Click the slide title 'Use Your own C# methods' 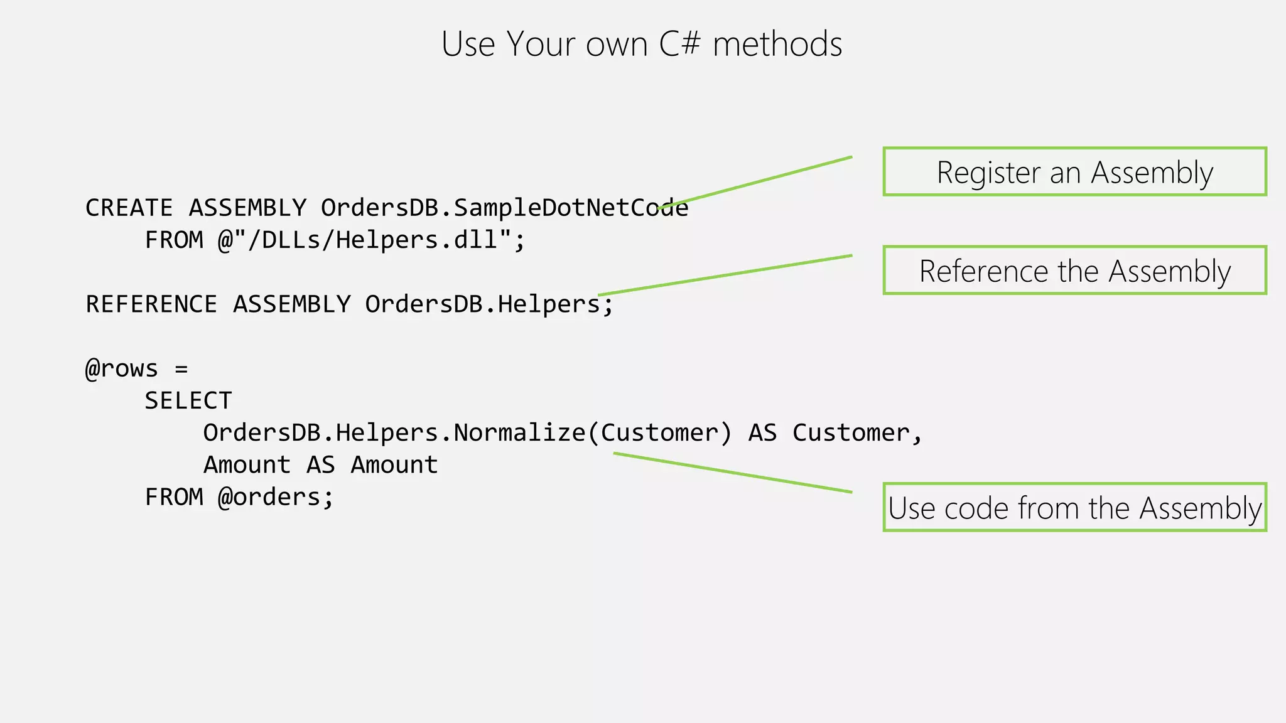[x=641, y=45]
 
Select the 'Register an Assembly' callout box [x=1074, y=172]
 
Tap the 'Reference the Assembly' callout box [x=1074, y=270]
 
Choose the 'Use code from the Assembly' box [x=1074, y=507]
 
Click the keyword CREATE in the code [x=129, y=208]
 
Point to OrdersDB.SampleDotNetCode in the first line [x=504, y=208]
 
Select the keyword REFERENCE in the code [x=151, y=304]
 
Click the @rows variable [x=122, y=368]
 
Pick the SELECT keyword [x=188, y=400]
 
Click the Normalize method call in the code [x=520, y=432]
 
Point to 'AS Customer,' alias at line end [x=835, y=432]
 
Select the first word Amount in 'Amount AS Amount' [x=247, y=465]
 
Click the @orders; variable [x=276, y=497]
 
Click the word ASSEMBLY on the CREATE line [x=247, y=208]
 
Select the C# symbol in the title [x=679, y=45]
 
